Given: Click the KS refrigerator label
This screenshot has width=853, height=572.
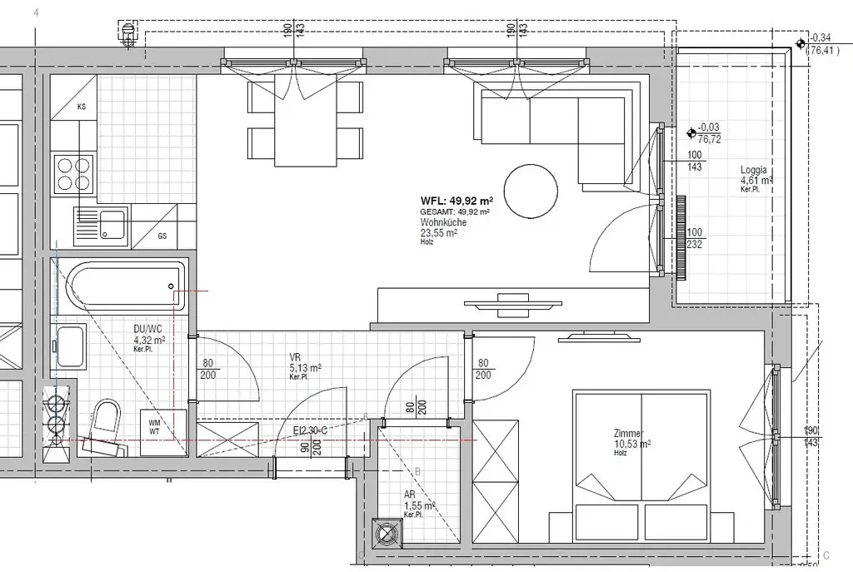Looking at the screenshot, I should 81,107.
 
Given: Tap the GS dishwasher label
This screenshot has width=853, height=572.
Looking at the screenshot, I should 162,236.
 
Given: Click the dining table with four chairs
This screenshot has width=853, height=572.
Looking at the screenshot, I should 306,122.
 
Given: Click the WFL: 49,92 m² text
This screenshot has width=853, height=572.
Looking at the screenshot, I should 457,201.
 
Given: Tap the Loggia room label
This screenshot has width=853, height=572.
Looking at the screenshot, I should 752,171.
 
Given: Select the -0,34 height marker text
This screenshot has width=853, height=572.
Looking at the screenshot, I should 822,37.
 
